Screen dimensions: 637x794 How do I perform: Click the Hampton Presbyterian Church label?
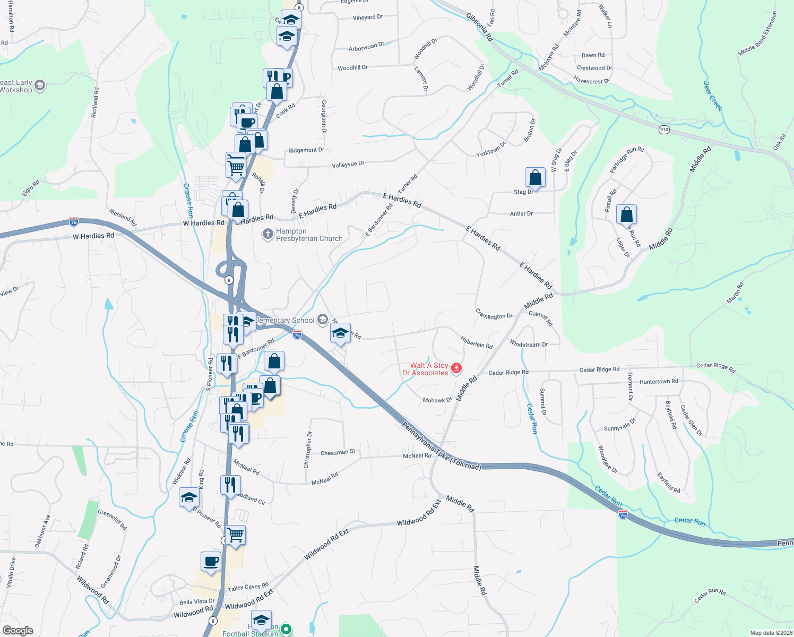309,235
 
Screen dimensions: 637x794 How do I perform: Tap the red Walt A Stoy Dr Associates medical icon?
456,368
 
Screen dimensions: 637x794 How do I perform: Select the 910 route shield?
664,130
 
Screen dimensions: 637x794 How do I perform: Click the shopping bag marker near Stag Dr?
536,177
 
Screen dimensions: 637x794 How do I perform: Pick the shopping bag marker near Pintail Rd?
626,214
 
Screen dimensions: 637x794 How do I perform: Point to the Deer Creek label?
713,96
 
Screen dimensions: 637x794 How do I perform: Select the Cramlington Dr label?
494,314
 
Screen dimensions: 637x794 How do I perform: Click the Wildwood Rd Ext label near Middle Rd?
419,514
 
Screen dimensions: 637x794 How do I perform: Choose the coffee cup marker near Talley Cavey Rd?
211,562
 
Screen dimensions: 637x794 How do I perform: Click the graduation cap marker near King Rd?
189,498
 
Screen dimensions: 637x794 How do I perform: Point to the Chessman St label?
338,452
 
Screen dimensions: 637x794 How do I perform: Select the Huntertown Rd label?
659,381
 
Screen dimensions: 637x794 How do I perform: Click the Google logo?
18,631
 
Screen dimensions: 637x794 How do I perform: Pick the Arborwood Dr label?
366,47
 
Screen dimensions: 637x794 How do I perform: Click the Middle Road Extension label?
757,34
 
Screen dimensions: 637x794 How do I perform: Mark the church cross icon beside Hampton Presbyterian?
268,234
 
